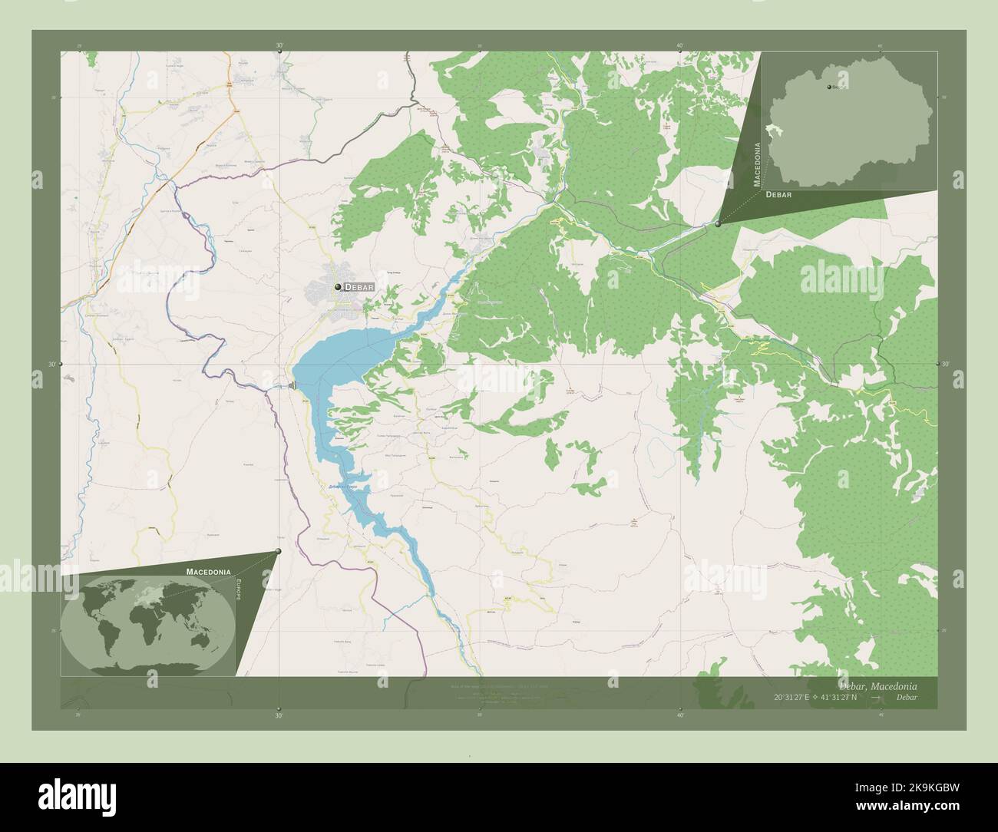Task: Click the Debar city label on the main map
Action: [x=359, y=287]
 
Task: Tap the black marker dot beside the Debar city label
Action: [x=337, y=287]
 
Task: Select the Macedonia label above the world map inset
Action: [x=208, y=572]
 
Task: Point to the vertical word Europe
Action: [x=240, y=591]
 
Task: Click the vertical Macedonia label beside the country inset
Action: [x=758, y=164]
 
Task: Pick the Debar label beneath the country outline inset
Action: [x=778, y=195]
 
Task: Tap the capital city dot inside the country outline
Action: [x=829, y=87]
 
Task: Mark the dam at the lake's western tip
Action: [x=293, y=385]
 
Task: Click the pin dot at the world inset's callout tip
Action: [x=278, y=551]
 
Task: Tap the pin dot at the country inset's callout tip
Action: [x=718, y=224]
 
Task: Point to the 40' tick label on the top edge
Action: [x=680, y=46]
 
